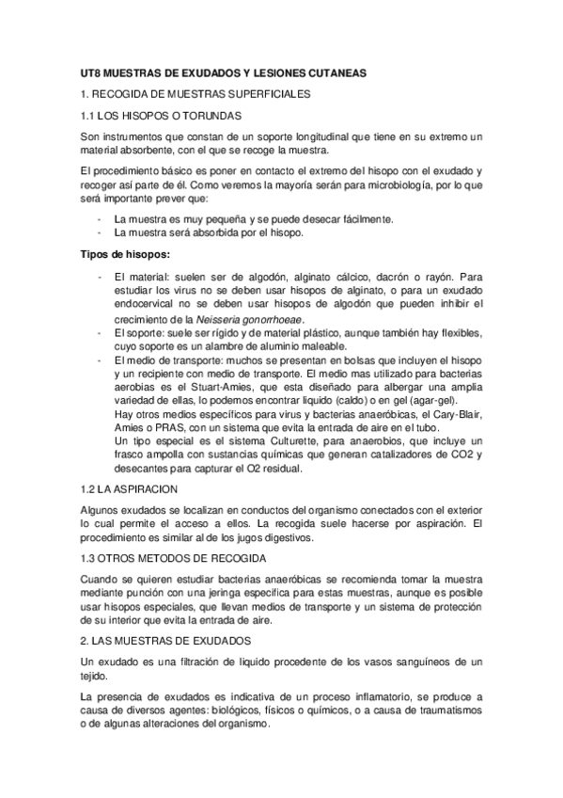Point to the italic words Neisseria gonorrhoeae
point(262,320)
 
